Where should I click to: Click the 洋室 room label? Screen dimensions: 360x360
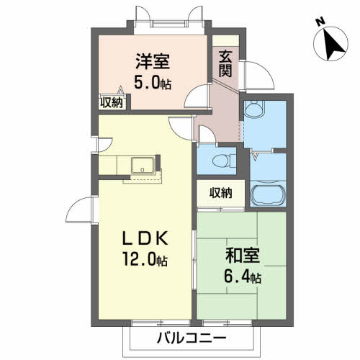[x=153, y=62]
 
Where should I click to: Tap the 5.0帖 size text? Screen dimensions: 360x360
[x=153, y=83]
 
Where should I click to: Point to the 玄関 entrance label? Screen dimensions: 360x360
[x=225, y=64]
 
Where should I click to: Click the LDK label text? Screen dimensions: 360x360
[x=145, y=239]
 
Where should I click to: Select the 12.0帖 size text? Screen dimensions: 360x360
[x=145, y=259]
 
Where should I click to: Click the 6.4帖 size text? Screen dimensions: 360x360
[x=243, y=276]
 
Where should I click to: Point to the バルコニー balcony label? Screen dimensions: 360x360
[x=192, y=338]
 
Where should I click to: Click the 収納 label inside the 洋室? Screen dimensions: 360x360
[x=112, y=103]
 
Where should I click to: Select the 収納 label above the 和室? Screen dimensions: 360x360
[x=221, y=193]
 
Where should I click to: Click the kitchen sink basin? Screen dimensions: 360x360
[x=143, y=165]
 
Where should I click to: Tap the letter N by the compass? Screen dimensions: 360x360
[x=320, y=22]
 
